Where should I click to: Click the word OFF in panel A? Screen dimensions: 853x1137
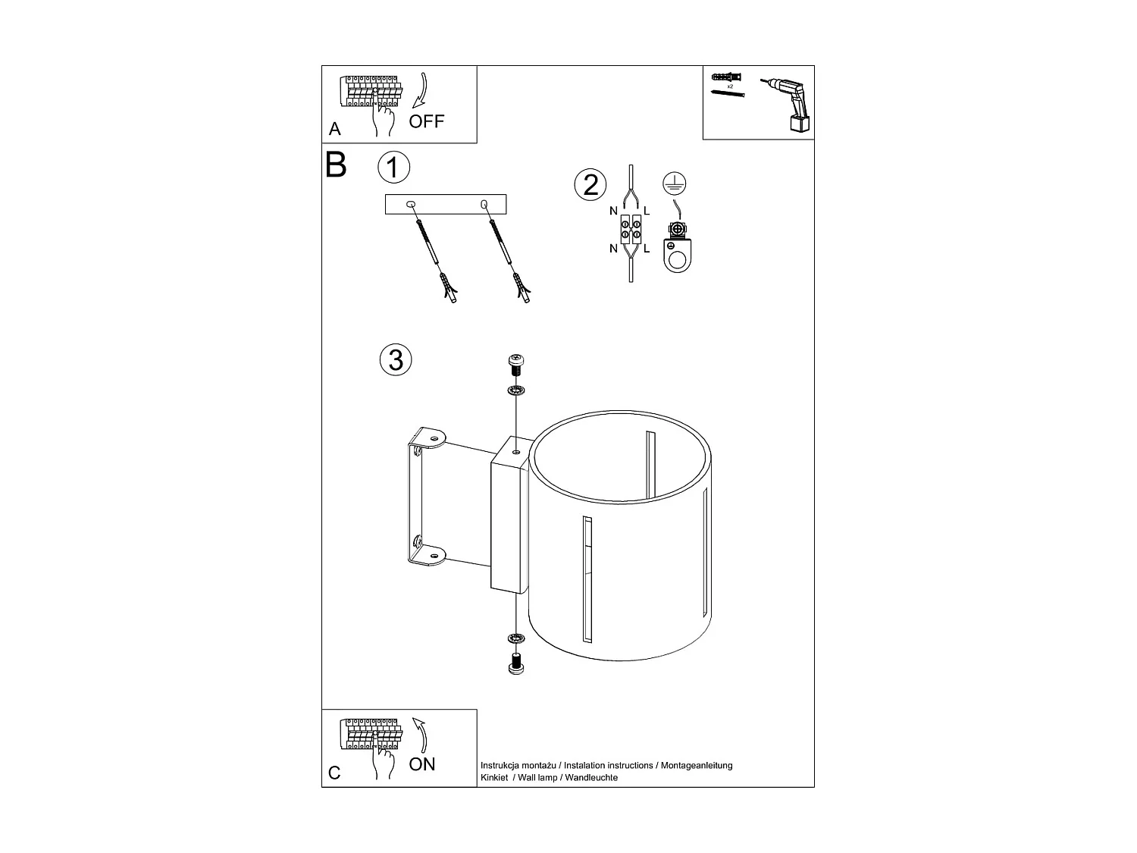427,121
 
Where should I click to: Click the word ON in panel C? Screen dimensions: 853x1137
422,764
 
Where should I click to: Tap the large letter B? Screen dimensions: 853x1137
336,165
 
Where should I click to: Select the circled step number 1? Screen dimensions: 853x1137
393,168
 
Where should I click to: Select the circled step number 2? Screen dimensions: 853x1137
590,185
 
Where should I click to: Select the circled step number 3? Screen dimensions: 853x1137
395,359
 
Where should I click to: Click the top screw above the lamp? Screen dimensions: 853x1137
515,364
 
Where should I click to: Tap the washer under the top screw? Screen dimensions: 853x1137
515,391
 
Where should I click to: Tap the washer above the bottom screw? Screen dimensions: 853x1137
515,637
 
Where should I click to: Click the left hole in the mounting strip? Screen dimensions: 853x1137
411,204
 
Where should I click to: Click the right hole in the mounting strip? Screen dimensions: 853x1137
484,204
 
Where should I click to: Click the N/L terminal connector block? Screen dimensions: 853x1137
630,229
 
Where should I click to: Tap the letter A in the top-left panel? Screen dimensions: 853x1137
335,130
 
